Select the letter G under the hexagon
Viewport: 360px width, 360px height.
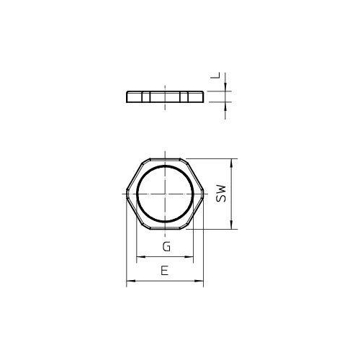pos(166,248)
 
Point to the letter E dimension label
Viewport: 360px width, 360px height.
pos(166,271)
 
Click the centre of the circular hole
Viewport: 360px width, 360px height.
pos(166,194)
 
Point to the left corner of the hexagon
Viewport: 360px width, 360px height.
pos(127,194)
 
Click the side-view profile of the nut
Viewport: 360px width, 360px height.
pos(166,96)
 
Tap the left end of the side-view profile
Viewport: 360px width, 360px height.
pos(127,96)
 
